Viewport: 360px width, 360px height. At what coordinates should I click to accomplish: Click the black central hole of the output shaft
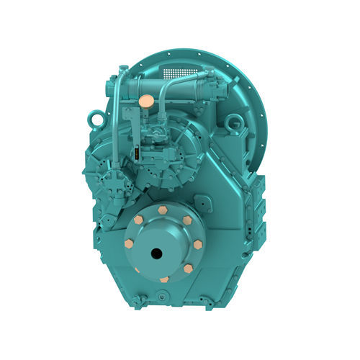(157, 253)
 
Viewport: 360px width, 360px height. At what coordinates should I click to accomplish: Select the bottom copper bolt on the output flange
(164, 279)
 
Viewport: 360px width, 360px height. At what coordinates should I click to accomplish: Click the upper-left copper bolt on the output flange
(138, 218)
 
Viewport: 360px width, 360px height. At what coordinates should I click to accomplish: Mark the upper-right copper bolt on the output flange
(187, 220)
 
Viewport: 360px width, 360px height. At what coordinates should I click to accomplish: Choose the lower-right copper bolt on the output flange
(188, 268)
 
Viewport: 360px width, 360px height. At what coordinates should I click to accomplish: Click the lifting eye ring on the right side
(234, 125)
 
